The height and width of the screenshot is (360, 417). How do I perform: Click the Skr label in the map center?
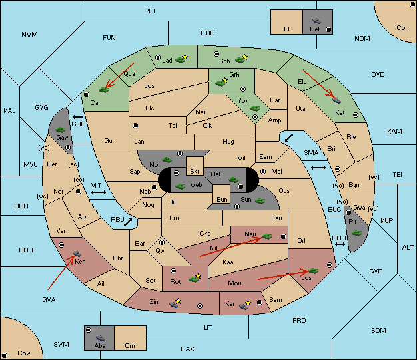pyautogui.click(x=195, y=172)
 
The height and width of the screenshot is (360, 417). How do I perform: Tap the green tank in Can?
pyautogui.click(x=104, y=90)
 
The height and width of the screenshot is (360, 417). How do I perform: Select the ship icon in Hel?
pyautogui.click(x=316, y=21)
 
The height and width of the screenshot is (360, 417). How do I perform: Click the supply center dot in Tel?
pyautogui.click(x=135, y=125)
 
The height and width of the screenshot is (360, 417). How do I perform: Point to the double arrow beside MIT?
pyautogui.click(x=99, y=192)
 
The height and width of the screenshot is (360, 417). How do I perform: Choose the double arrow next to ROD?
pyautogui.click(x=340, y=244)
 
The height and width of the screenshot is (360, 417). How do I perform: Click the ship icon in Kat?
pyautogui.click(x=336, y=100)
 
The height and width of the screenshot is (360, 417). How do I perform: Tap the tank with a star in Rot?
pyautogui.click(x=195, y=278)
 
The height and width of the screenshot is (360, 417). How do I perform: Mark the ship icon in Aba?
pyautogui.click(x=100, y=338)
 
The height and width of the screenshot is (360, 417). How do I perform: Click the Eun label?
pyautogui.click(x=222, y=199)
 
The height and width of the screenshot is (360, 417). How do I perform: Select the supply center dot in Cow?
pyautogui.click(x=5, y=355)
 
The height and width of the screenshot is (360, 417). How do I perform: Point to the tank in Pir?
pyautogui.click(x=356, y=233)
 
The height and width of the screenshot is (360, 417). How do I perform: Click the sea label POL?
pyautogui.click(x=151, y=11)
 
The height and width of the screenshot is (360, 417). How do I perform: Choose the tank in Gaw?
pyautogui.click(x=60, y=130)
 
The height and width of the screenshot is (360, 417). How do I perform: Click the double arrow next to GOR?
pyautogui.click(x=78, y=117)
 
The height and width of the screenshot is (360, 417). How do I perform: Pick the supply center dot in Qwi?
pyautogui.click(x=162, y=242)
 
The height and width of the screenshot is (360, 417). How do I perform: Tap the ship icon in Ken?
pyautogui.click(x=77, y=253)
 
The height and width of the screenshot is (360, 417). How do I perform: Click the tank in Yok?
pyautogui.click(x=254, y=108)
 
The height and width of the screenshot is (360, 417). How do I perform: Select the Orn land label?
pyautogui.click(x=130, y=345)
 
